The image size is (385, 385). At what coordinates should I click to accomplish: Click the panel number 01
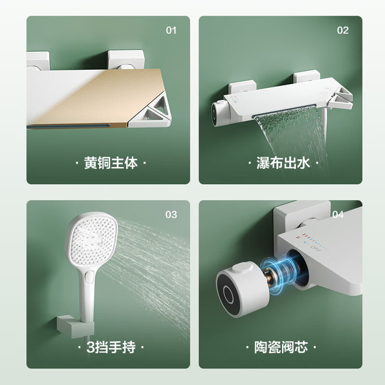click(171, 31)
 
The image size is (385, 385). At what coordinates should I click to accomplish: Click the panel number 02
click(343, 31)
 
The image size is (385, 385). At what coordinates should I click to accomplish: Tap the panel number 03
click(171, 215)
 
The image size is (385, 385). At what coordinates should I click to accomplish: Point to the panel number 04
click(338, 215)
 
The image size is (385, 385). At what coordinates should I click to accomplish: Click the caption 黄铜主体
click(111, 162)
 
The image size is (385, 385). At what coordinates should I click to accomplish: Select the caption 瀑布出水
click(283, 162)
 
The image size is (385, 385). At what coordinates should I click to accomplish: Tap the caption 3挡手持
click(111, 347)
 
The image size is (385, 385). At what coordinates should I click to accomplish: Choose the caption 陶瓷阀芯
click(281, 347)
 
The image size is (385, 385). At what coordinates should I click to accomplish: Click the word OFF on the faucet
click(315, 248)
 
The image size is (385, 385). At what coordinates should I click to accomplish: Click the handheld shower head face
click(92, 240)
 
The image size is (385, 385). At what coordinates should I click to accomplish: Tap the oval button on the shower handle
click(89, 277)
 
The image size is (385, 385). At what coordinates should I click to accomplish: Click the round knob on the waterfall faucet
click(219, 114)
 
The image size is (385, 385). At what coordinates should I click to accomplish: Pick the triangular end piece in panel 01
click(151, 112)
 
